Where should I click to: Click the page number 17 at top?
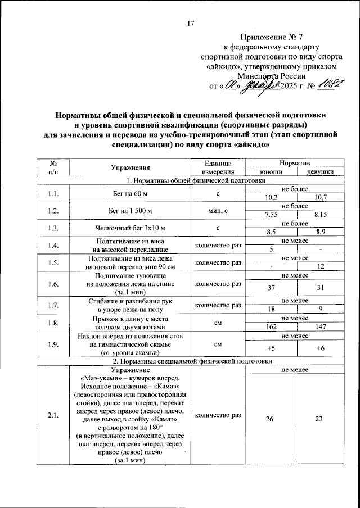[191, 24]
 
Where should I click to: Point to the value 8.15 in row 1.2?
[321, 215]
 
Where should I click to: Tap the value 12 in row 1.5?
[321, 266]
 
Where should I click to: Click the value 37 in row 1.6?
[271, 288]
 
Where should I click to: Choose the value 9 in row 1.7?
[321, 309]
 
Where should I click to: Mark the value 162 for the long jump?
[271, 326]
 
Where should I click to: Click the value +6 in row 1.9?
[321, 348]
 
